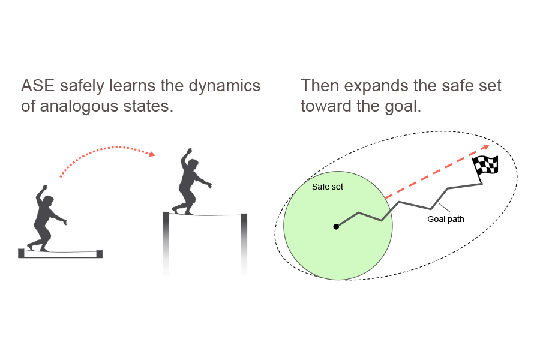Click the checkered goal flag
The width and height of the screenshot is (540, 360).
(486, 165)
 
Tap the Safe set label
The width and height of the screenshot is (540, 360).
(328, 187)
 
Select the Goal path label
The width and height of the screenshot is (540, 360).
(445, 219)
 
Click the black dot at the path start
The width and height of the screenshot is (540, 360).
(336, 227)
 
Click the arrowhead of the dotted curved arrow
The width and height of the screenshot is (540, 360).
(152, 154)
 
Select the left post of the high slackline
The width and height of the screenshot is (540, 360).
(166, 240)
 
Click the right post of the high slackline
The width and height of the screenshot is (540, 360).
(244, 240)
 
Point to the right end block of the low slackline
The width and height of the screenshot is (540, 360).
(100, 254)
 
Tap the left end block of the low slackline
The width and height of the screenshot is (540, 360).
(22, 254)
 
